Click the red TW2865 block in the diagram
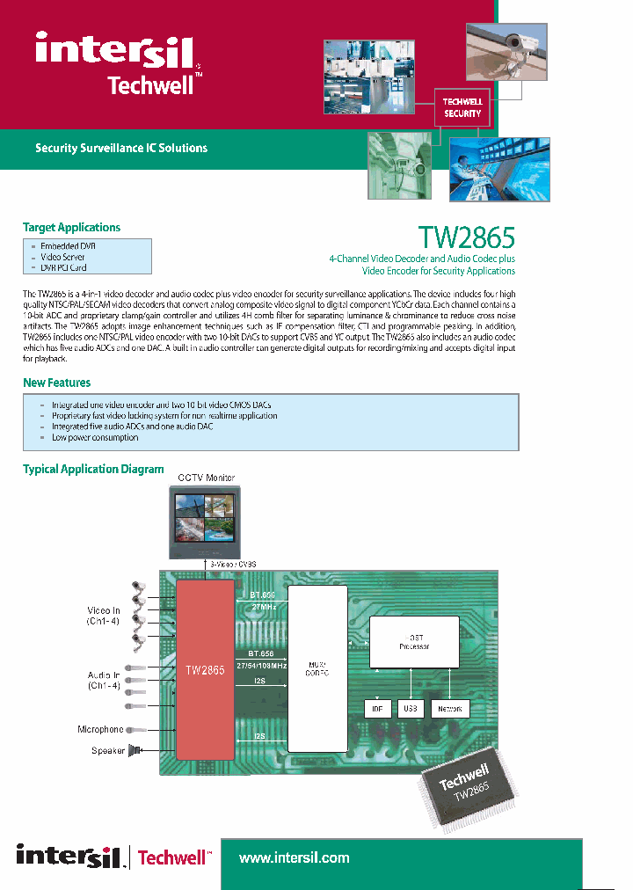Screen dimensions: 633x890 (206, 669)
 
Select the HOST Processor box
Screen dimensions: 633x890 (414, 641)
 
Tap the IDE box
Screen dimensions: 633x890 (376, 709)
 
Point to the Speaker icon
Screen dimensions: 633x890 (135, 750)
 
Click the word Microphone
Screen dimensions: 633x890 (100, 730)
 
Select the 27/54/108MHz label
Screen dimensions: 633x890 (262, 665)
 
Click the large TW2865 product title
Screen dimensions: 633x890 (466, 237)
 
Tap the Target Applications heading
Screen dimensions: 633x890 (71, 228)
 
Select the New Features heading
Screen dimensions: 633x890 (56, 383)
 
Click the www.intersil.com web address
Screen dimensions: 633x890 (294, 857)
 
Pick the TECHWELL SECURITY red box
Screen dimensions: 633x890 (462, 107)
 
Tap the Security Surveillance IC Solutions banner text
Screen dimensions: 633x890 (121, 148)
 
